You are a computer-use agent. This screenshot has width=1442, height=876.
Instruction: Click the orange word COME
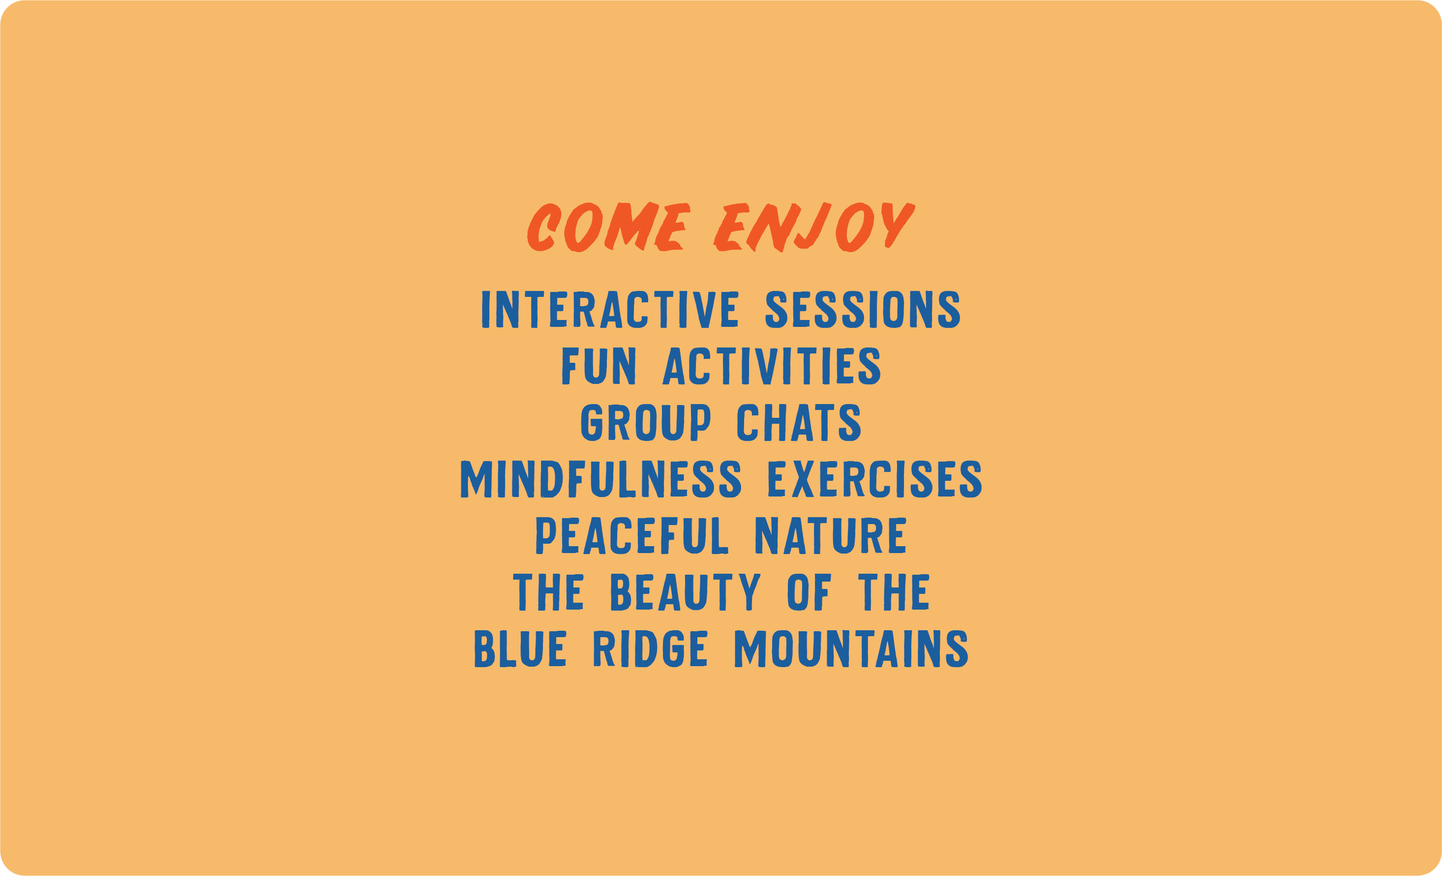tap(609, 227)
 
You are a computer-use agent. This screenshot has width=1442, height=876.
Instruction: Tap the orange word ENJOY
tap(814, 227)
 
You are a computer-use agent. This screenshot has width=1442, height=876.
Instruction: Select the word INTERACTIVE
tap(610, 309)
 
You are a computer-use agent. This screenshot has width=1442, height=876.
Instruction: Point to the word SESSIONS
tap(863, 309)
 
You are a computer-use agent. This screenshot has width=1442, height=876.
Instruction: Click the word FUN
tap(599, 366)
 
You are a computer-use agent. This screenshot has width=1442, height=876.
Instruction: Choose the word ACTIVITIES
tap(771, 366)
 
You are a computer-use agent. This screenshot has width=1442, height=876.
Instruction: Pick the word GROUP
tap(645, 422)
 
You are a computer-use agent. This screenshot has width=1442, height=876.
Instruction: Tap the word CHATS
tap(799, 422)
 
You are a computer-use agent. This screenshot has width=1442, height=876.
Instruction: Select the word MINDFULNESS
tap(601, 479)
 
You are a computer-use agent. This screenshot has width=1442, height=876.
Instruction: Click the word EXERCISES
tap(875, 479)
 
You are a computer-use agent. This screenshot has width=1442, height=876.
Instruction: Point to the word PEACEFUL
tap(632, 535)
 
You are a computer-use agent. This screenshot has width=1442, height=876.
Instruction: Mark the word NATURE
tap(831, 535)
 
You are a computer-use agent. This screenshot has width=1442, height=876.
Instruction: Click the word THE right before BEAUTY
tap(549, 592)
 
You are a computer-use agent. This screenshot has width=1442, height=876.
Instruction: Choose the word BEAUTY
tap(685, 592)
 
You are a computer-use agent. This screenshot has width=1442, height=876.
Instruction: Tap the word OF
tap(809, 592)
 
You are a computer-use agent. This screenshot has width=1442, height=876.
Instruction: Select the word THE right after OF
tap(893, 592)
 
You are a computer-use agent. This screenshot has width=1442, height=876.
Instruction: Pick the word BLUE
tap(520, 648)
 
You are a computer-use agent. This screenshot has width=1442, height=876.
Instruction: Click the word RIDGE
tap(650, 648)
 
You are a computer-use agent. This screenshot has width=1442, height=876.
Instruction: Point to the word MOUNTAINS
tap(851, 648)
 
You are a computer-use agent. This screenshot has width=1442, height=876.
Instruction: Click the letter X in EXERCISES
tap(803, 479)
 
